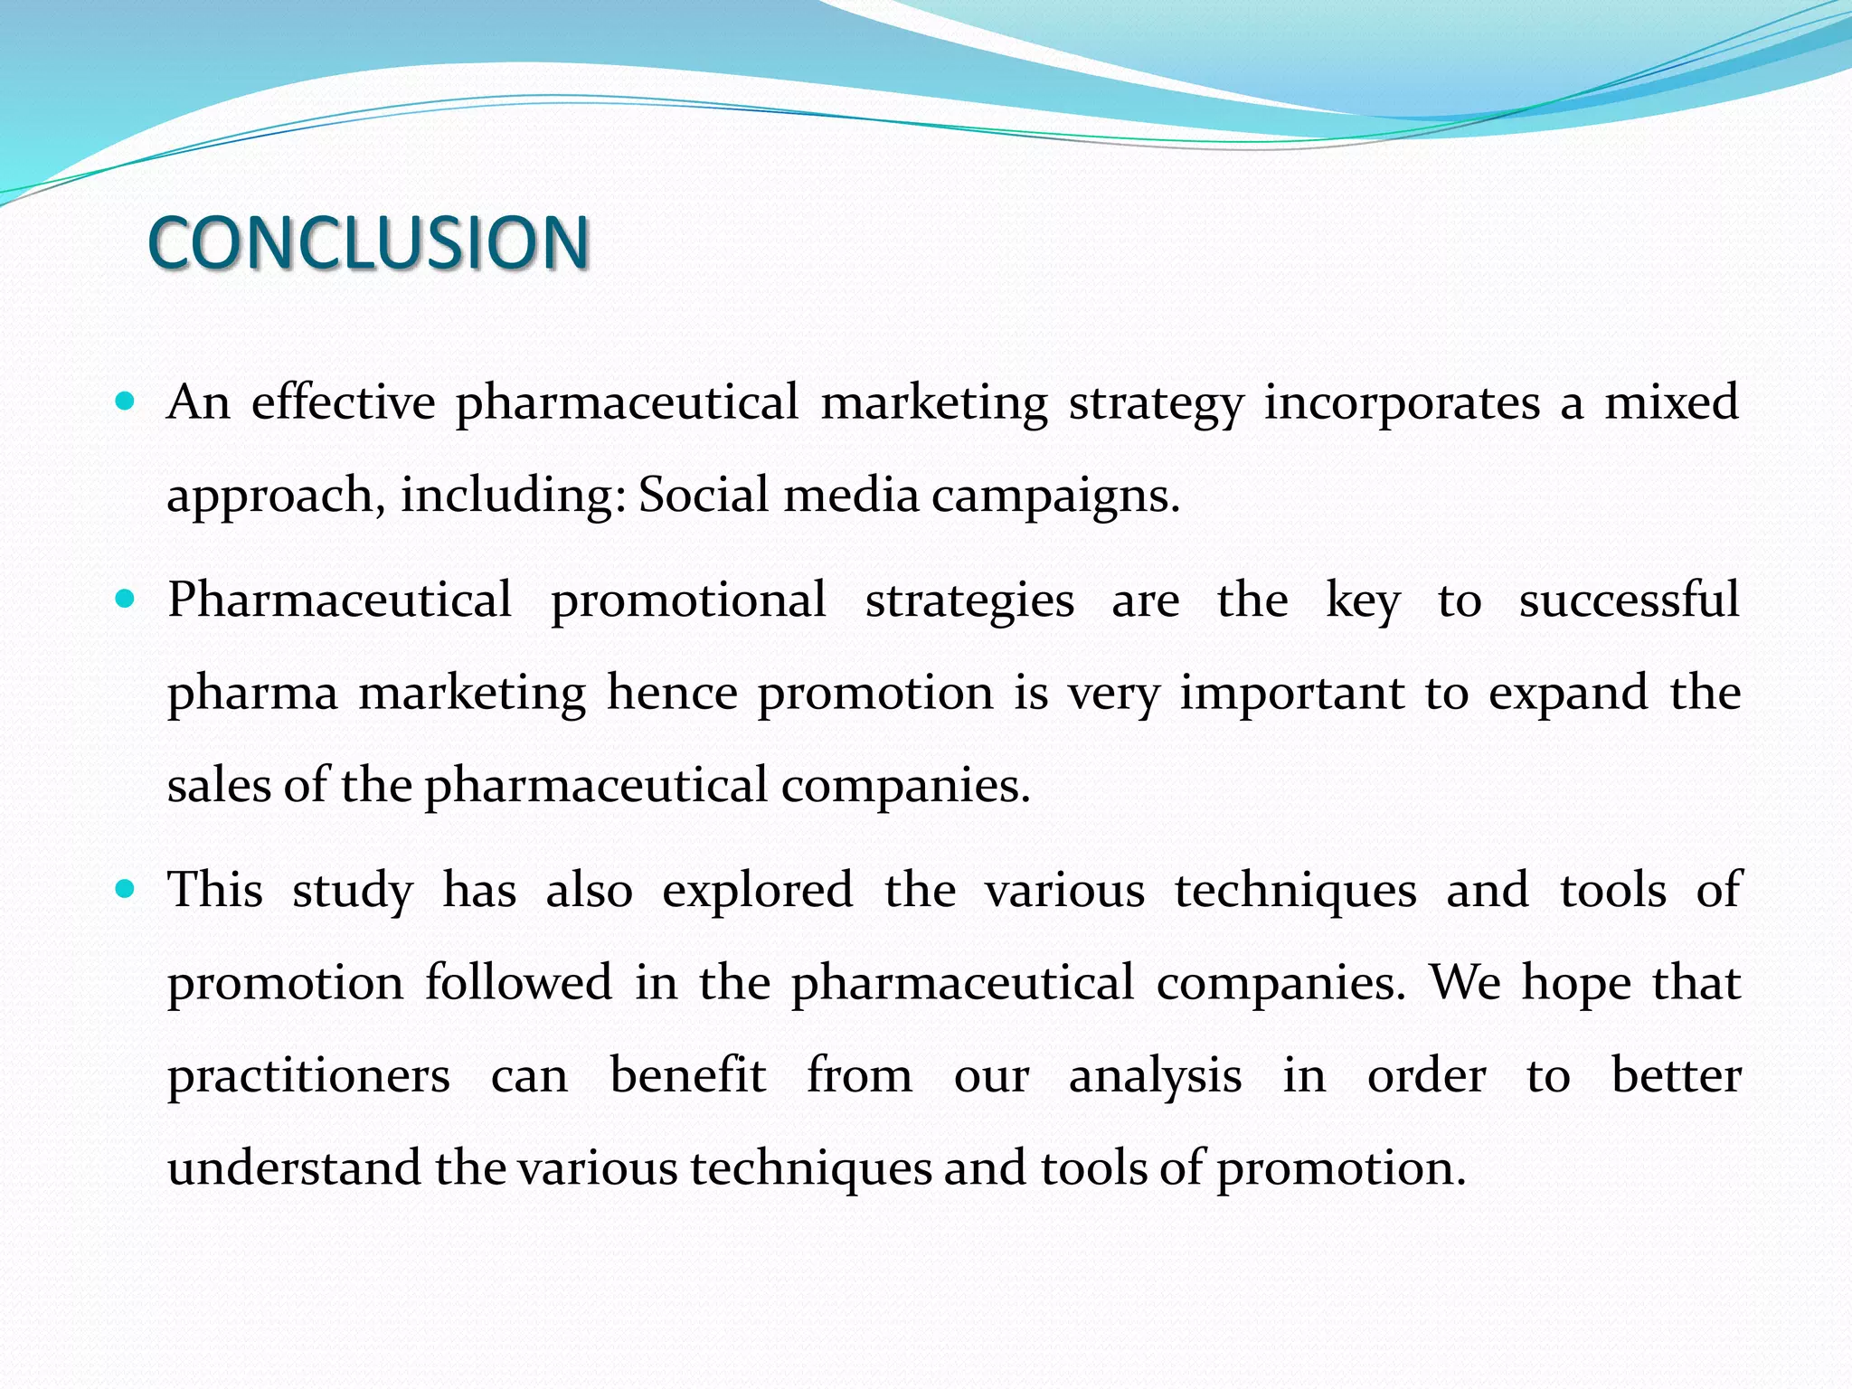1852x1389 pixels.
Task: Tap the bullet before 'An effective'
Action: (126, 401)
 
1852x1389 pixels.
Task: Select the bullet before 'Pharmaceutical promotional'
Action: (126, 599)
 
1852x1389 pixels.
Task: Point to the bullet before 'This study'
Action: (126, 889)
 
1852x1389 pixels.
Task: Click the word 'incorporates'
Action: (1401, 402)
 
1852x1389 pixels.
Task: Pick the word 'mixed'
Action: (1671, 402)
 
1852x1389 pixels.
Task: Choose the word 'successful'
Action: (1629, 600)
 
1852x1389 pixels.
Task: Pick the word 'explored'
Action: (758, 891)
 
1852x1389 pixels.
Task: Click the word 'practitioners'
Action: (308, 1076)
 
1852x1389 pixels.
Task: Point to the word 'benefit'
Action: (688, 1074)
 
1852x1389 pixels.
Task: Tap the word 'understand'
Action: (294, 1167)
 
